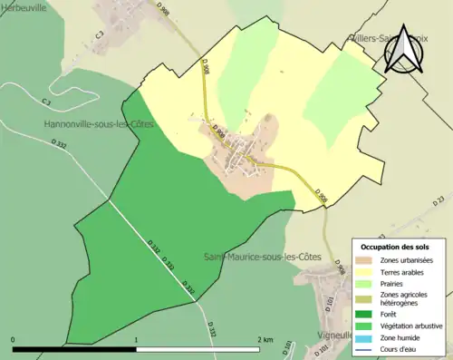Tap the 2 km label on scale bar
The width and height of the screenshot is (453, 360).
point(265,339)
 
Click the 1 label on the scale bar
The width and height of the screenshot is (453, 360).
point(136,339)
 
